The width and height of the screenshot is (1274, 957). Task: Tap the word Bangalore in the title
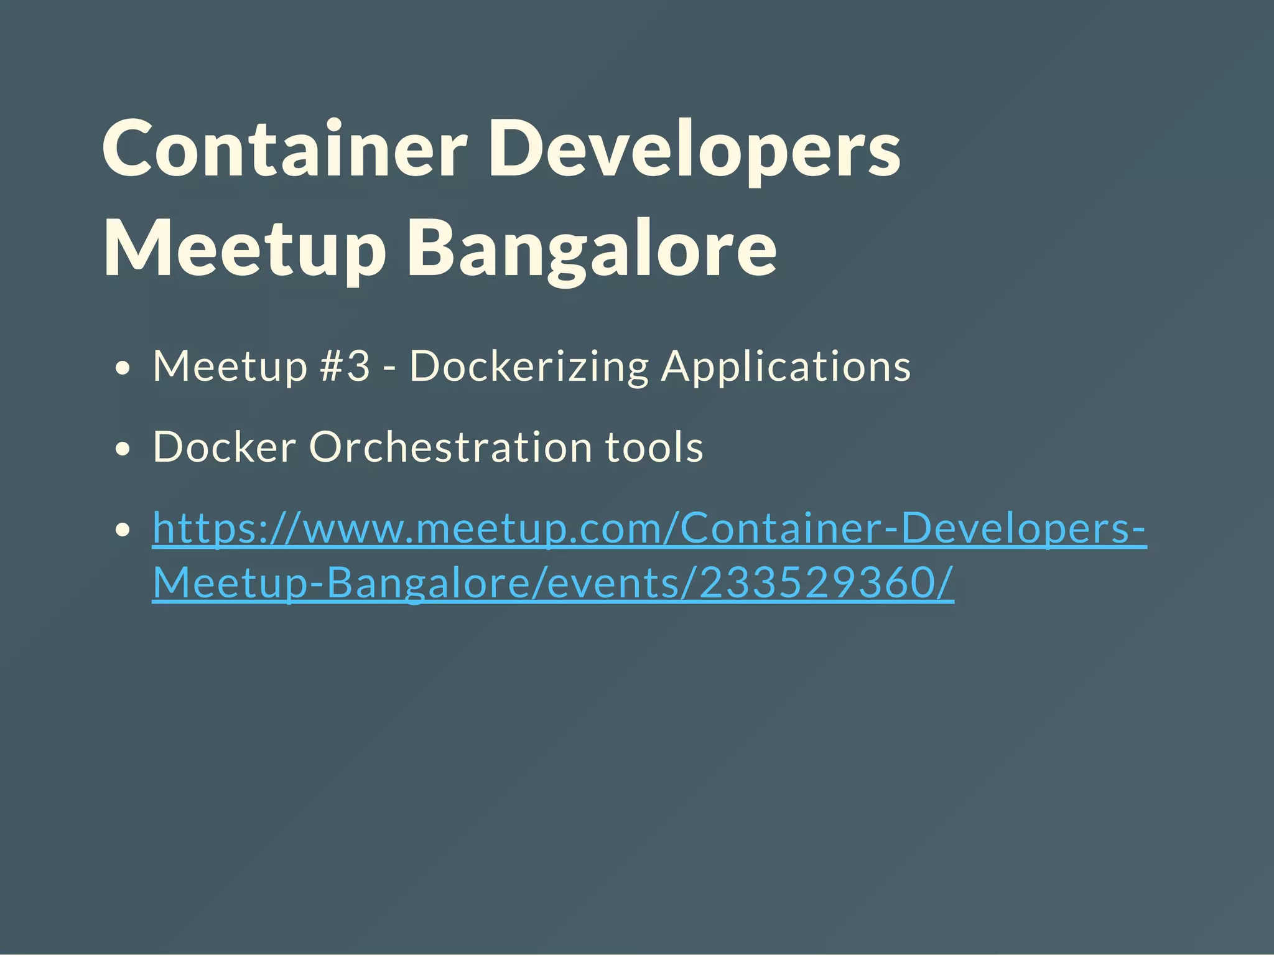592,249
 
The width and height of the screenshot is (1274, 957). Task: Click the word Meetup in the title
244,249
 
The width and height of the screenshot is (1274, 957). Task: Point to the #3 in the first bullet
345,366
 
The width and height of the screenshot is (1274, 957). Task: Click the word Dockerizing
529,366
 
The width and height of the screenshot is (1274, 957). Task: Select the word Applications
786,366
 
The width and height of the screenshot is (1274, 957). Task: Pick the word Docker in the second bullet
225,447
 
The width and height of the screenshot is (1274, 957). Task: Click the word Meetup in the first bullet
230,366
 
